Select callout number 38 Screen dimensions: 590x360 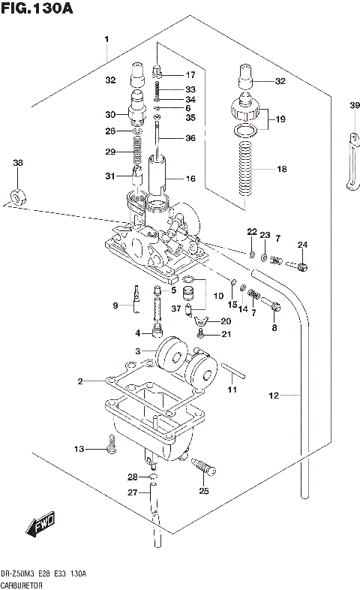pos(18,163)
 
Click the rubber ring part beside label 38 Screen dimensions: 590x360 pos(17,197)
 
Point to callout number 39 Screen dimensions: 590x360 pos(354,105)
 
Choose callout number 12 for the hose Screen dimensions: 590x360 pos(273,394)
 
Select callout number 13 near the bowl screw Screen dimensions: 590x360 pos(78,449)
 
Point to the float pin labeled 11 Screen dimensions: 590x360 pos(232,372)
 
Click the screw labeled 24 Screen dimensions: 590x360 pos(301,265)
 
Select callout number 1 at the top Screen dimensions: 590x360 pos(107,38)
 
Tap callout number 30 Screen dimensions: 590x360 pos(110,115)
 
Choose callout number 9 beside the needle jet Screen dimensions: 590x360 pos(116,305)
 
